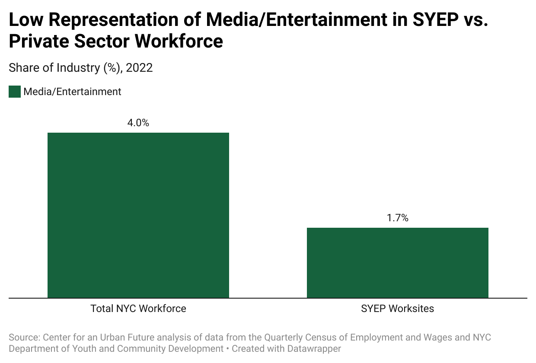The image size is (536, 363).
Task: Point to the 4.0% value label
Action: click(138, 123)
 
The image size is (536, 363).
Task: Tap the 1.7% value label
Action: click(398, 218)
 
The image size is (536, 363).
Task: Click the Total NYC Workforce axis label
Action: click(138, 309)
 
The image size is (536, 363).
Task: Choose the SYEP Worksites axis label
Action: click(398, 309)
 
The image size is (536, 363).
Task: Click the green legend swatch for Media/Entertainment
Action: click(15, 92)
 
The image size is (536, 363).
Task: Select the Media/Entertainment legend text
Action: click(72, 92)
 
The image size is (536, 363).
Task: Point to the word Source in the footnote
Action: click(23, 337)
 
